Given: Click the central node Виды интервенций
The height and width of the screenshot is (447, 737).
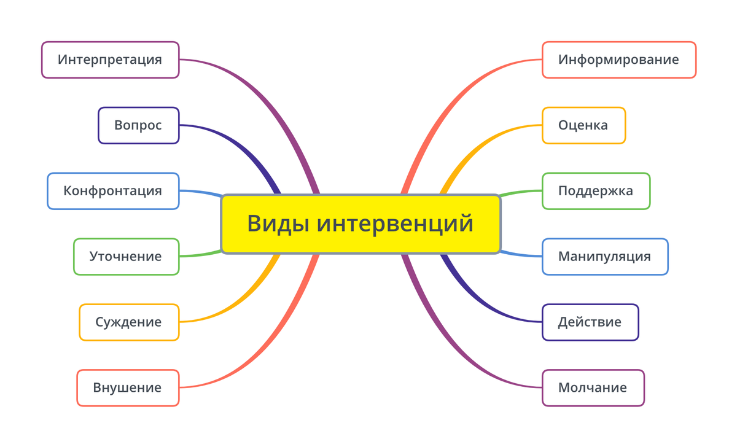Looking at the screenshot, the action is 361,224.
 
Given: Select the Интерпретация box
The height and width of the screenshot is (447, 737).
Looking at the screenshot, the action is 110,60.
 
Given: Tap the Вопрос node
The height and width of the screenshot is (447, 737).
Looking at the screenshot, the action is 139,125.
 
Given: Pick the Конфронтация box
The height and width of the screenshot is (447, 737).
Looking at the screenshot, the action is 113,191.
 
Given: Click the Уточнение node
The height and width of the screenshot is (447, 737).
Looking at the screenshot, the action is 127,257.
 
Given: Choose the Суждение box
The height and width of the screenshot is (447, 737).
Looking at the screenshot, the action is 129,322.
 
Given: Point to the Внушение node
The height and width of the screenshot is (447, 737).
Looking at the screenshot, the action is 128,388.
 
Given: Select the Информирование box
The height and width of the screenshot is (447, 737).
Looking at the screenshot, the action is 619,60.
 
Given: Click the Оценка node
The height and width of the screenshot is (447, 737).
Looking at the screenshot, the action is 583,125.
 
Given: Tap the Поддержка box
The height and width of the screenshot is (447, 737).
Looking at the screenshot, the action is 596,191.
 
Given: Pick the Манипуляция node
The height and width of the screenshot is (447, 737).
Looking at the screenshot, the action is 605,257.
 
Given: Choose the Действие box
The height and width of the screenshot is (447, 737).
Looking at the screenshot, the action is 590,322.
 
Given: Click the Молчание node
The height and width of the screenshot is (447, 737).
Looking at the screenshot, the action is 593,388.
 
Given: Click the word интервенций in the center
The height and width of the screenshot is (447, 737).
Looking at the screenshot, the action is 395,224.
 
